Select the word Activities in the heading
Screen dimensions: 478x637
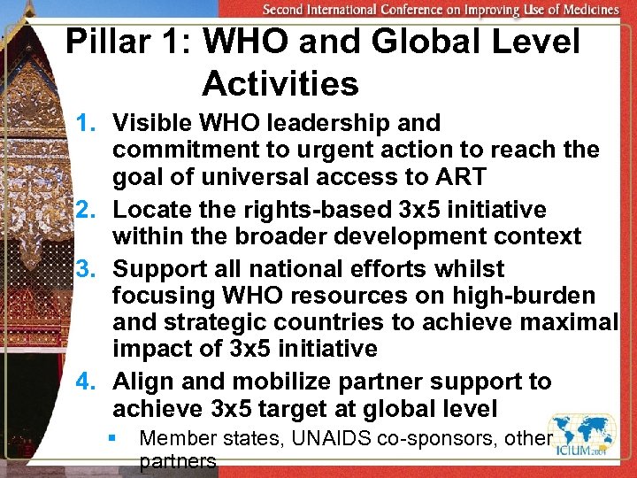tap(280, 84)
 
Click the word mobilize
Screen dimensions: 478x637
tap(288, 382)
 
